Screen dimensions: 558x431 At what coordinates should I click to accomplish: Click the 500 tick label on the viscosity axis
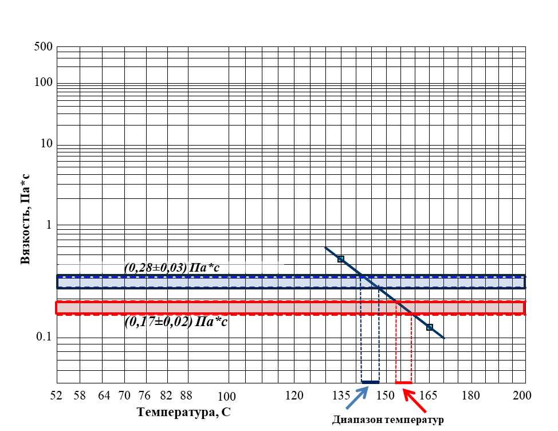[44, 46]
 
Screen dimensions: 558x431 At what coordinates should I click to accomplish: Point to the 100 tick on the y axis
[44, 82]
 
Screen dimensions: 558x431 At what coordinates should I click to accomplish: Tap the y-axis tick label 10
[46, 143]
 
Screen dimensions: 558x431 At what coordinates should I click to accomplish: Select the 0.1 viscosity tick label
[44, 336]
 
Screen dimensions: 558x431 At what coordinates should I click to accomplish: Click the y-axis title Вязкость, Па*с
[25, 219]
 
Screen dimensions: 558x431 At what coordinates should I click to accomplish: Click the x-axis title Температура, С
[184, 412]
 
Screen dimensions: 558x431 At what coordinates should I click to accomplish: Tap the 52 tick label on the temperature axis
[56, 395]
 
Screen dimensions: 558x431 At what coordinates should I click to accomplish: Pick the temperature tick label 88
[186, 395]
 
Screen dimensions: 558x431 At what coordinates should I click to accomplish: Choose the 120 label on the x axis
[294, 395]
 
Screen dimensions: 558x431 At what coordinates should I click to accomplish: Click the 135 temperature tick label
[341, 395]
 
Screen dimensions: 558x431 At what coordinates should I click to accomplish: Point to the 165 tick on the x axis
[429, 395]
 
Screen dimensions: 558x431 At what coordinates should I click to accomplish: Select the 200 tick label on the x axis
[522, 395]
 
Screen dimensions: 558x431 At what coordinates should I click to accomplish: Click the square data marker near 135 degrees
[340, 259]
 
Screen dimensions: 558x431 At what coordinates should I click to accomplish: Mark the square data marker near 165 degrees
[430, 327]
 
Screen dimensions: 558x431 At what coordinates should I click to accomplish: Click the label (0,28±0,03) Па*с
[172, 267]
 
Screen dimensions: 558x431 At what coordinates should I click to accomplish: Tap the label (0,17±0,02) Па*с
[176, 322]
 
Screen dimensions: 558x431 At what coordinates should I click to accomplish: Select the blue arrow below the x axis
[357, 398]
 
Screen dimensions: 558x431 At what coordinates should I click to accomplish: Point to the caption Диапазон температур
[388, 420]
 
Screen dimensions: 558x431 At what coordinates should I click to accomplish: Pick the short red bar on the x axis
[403, 383]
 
